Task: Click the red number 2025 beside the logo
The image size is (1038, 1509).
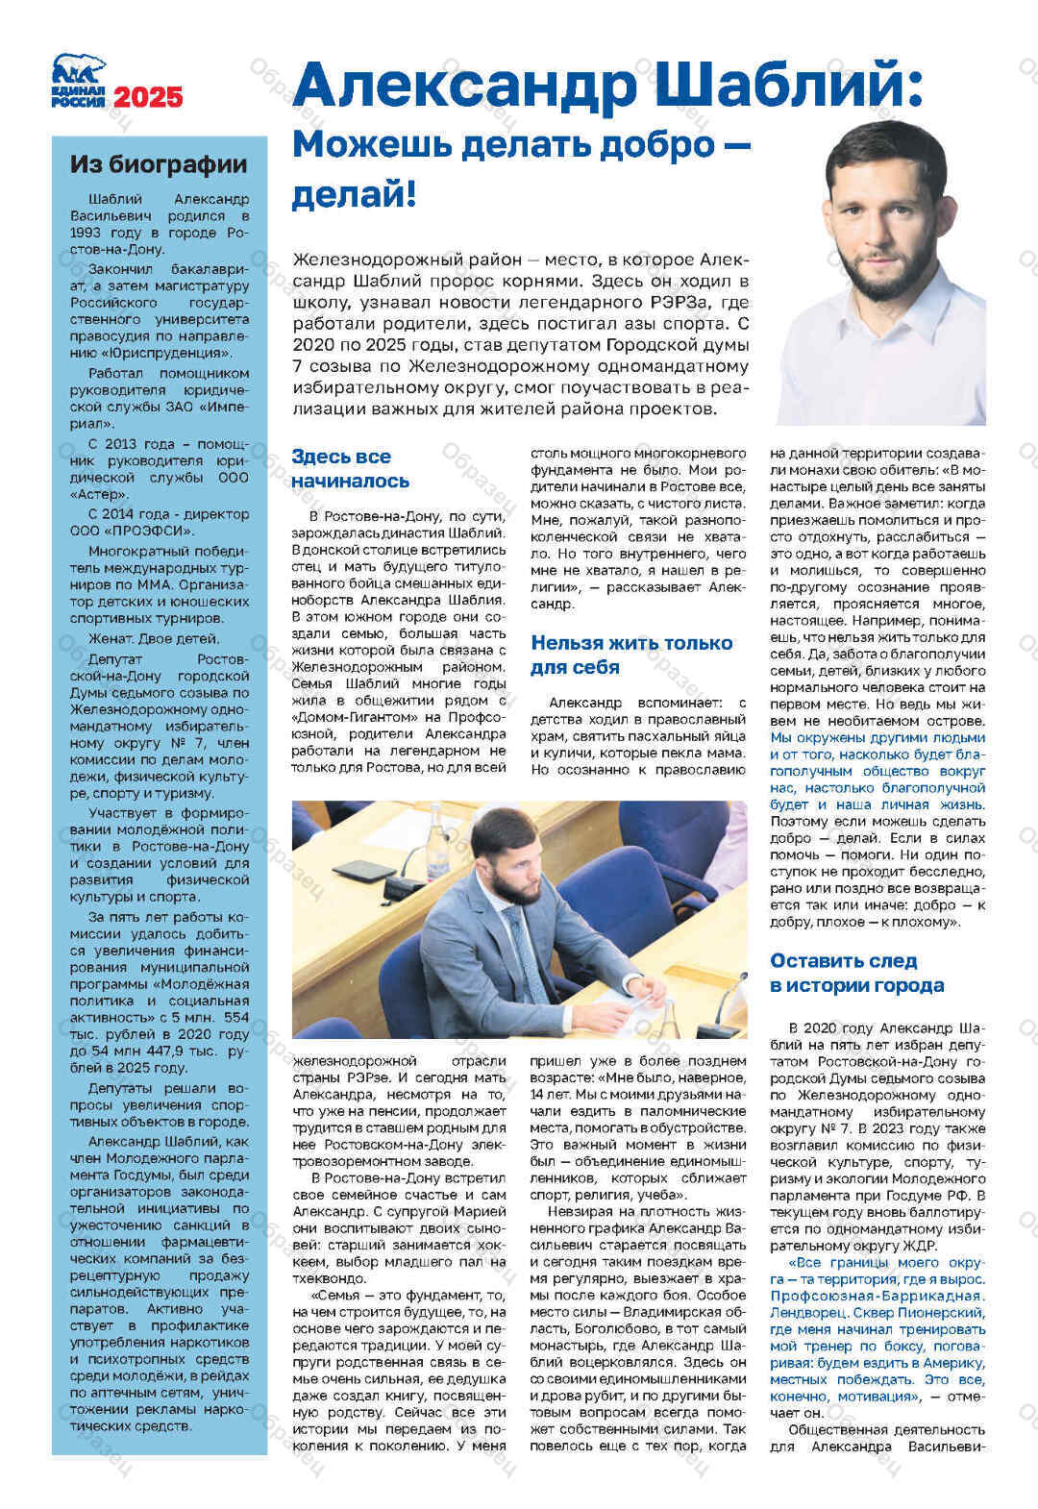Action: (x=148, y=97)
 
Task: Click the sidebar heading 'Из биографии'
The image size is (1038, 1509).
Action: (x=158, y=164)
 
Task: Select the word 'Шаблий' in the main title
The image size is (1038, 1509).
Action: (x=779, y=86)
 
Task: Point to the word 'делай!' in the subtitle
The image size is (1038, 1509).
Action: (x=354, y=195)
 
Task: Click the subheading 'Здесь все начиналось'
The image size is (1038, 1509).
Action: (x=351, y=468)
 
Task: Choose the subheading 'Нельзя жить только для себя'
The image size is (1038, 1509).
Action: (x=630, y=655)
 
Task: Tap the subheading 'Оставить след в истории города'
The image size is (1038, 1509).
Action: (x=856, y=973)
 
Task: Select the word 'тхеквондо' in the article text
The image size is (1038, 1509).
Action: (x=330, y=1278)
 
